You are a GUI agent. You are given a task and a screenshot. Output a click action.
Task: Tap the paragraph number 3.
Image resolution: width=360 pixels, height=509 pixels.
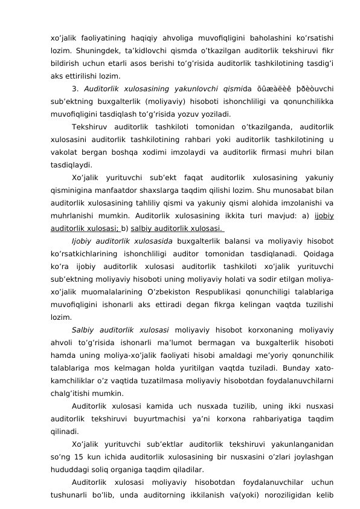[x=73, y=89]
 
